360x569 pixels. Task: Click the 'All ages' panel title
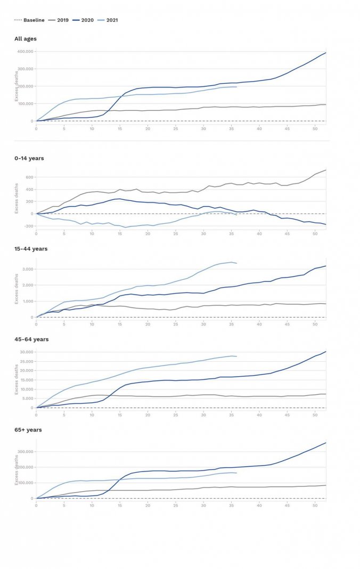(x=26, y=39)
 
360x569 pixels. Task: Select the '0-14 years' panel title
(x=29, y=158)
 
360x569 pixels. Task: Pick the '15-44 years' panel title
(x=31, y=249)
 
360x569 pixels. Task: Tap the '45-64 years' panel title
(x=31, y=339)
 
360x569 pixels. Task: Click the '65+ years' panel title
(x=28, y=430)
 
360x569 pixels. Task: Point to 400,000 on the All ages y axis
(x=25, y=52)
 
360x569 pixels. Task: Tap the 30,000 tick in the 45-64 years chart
(x=26, y=352)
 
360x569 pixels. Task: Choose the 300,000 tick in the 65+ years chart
(x=25, y=452)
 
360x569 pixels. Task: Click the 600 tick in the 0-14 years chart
(x=29, y=177)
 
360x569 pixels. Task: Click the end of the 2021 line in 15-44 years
(x=236, y=263)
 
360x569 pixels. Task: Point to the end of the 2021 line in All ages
(x=236, y=87)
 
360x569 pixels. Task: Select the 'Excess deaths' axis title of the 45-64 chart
(x=17, y=383)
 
